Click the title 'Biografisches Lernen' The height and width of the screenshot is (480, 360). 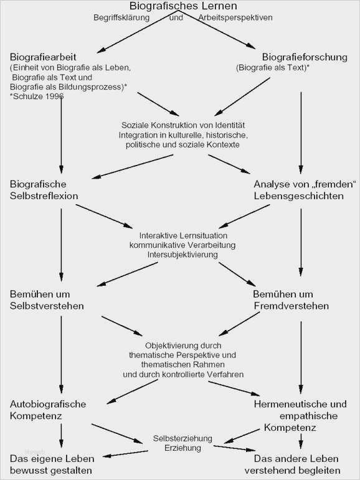click(x=180, y=7)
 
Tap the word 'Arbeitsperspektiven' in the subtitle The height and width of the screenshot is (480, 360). click(x=235, y=18)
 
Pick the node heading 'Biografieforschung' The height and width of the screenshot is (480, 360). click(x=305, y=57)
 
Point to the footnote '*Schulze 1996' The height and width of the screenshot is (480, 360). click(x=36, y=98)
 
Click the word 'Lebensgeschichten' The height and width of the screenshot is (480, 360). click(x=298, y=195)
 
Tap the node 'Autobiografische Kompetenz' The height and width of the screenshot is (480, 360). click(x=49, y=410)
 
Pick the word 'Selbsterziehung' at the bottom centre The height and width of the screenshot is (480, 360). click(x=181, y=438)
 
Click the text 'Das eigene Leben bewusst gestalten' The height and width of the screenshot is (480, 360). click(x=52, y=464)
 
